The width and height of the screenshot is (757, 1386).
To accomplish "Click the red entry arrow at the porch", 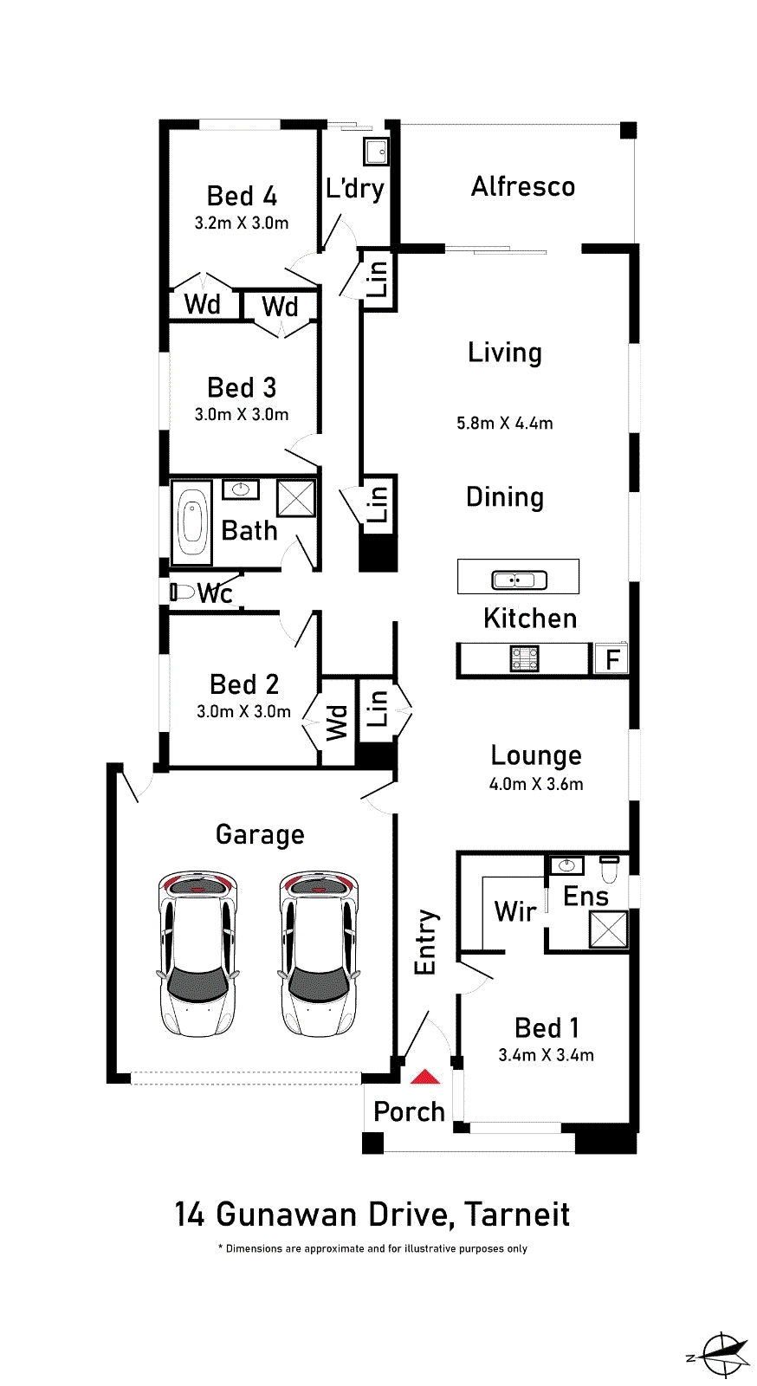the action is click(x=425, y=1078).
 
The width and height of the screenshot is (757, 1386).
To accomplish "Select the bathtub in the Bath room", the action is click(x=191, y=523).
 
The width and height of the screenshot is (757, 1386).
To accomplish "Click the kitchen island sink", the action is click(x=520, y=580).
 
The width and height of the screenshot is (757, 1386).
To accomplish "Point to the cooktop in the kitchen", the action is click(x=525, y=659).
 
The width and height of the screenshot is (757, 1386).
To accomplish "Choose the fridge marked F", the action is click(x=611, y=659).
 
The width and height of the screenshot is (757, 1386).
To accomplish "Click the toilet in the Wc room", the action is click(x=182, y=593).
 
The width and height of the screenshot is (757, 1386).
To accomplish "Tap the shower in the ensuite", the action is click(x=609, y=929).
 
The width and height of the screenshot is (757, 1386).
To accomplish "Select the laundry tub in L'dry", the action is click(x=376, y=152).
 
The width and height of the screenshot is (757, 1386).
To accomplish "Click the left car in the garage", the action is click(x=197, y=954).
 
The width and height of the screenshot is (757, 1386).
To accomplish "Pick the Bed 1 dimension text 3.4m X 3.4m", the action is click(x=547, y=1055).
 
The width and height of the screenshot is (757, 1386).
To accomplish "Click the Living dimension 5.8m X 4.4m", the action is click(x=505, y=424).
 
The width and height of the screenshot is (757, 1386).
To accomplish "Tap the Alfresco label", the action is click(x=523, y=187).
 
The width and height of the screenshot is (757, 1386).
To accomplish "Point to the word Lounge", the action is click(x=536, y=756).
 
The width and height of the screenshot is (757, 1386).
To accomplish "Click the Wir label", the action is click(x=515, y=911).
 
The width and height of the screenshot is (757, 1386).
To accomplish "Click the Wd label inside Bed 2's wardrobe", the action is click(x=337, y=722).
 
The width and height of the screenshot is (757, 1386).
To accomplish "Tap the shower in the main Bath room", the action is click(x=295, y=498).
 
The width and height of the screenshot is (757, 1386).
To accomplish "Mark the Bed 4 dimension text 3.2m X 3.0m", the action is click(x=242, y=223).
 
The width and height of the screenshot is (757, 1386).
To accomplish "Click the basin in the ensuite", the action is click(x=566, y=865).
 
